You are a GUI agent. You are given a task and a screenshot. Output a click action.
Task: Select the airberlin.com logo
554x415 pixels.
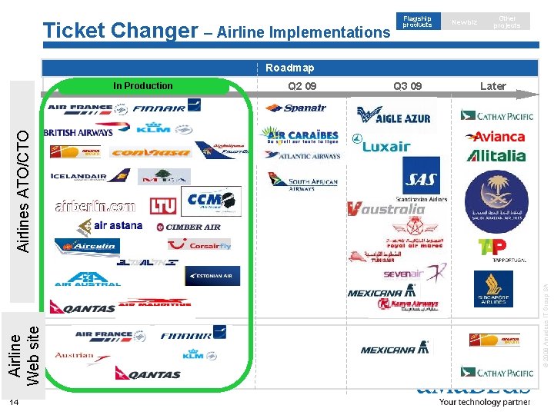point(95,206)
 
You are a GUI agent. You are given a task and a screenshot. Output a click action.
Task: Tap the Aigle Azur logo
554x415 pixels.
point(394,117)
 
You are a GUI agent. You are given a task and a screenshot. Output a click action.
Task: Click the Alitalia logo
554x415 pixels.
point(496,156)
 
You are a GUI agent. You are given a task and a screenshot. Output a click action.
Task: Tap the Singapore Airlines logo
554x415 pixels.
point(493,289)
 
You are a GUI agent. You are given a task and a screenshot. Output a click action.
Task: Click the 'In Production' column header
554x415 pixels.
point(143,86)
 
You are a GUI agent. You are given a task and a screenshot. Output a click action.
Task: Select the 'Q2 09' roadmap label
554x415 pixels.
point(302,86)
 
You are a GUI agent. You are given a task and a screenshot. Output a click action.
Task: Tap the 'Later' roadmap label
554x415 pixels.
point(492,86)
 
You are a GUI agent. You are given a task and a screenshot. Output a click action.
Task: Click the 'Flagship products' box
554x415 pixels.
point(418,22)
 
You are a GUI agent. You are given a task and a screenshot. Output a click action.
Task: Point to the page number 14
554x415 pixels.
point(14,403)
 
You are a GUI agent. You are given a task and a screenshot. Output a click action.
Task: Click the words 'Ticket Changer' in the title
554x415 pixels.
point(121,31)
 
